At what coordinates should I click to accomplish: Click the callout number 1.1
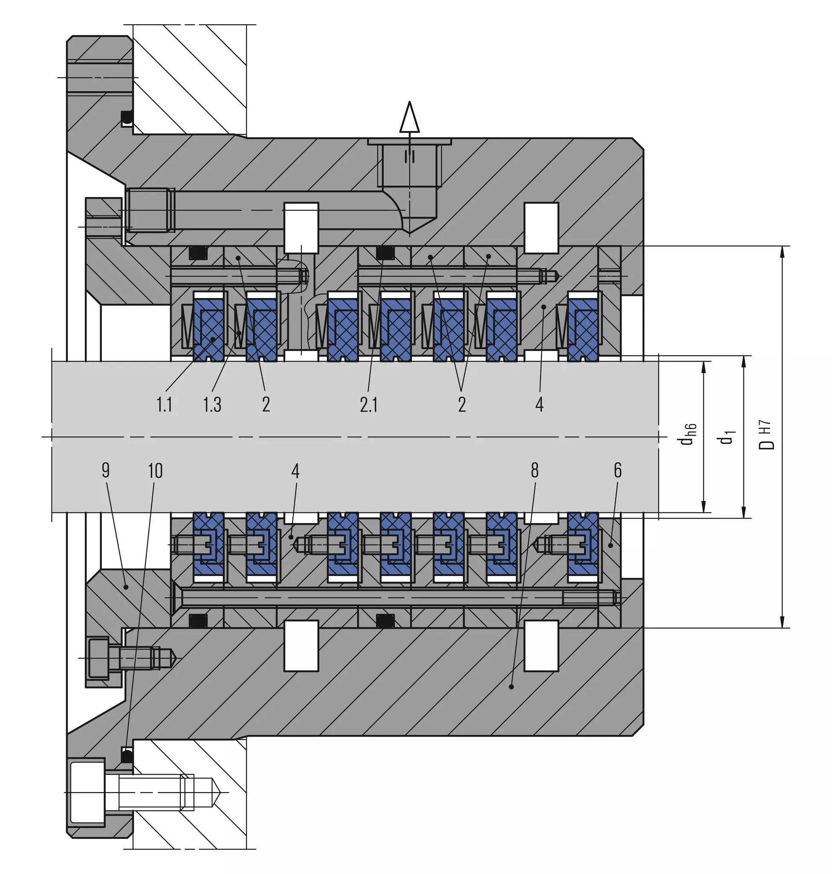[x=165, y=404]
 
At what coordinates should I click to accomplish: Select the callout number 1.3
[x=212, y=404]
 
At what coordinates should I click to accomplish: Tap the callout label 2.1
[x=369, y=404]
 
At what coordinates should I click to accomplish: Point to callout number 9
[x=106, y=470]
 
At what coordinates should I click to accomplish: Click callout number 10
[x=155, y=470]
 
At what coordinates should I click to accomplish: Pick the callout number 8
[x=535, y=470]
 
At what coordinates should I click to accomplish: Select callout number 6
[x=618, y=470]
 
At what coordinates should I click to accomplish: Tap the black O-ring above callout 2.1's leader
[x=385, y=252]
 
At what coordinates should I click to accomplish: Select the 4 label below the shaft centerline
[x=295, y=470]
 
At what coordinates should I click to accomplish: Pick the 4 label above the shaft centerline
[x=539, y=404]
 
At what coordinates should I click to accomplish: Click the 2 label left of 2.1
[x=266, y=404]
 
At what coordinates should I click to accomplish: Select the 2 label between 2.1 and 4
[x=462, y=404]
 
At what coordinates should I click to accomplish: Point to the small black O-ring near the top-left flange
[x=127, y=117]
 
